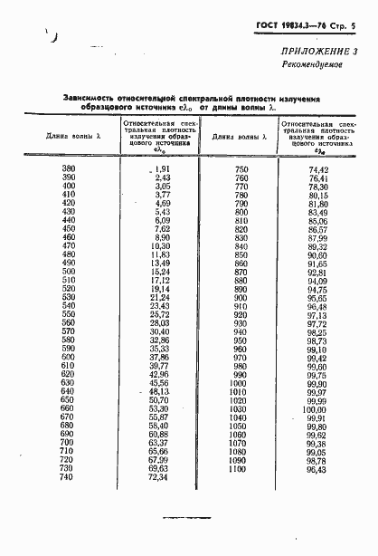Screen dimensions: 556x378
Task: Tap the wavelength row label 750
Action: (x=241, y=169)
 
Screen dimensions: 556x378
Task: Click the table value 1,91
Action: (x=160, y=169)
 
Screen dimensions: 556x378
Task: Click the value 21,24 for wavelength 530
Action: (x=159, y=297)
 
